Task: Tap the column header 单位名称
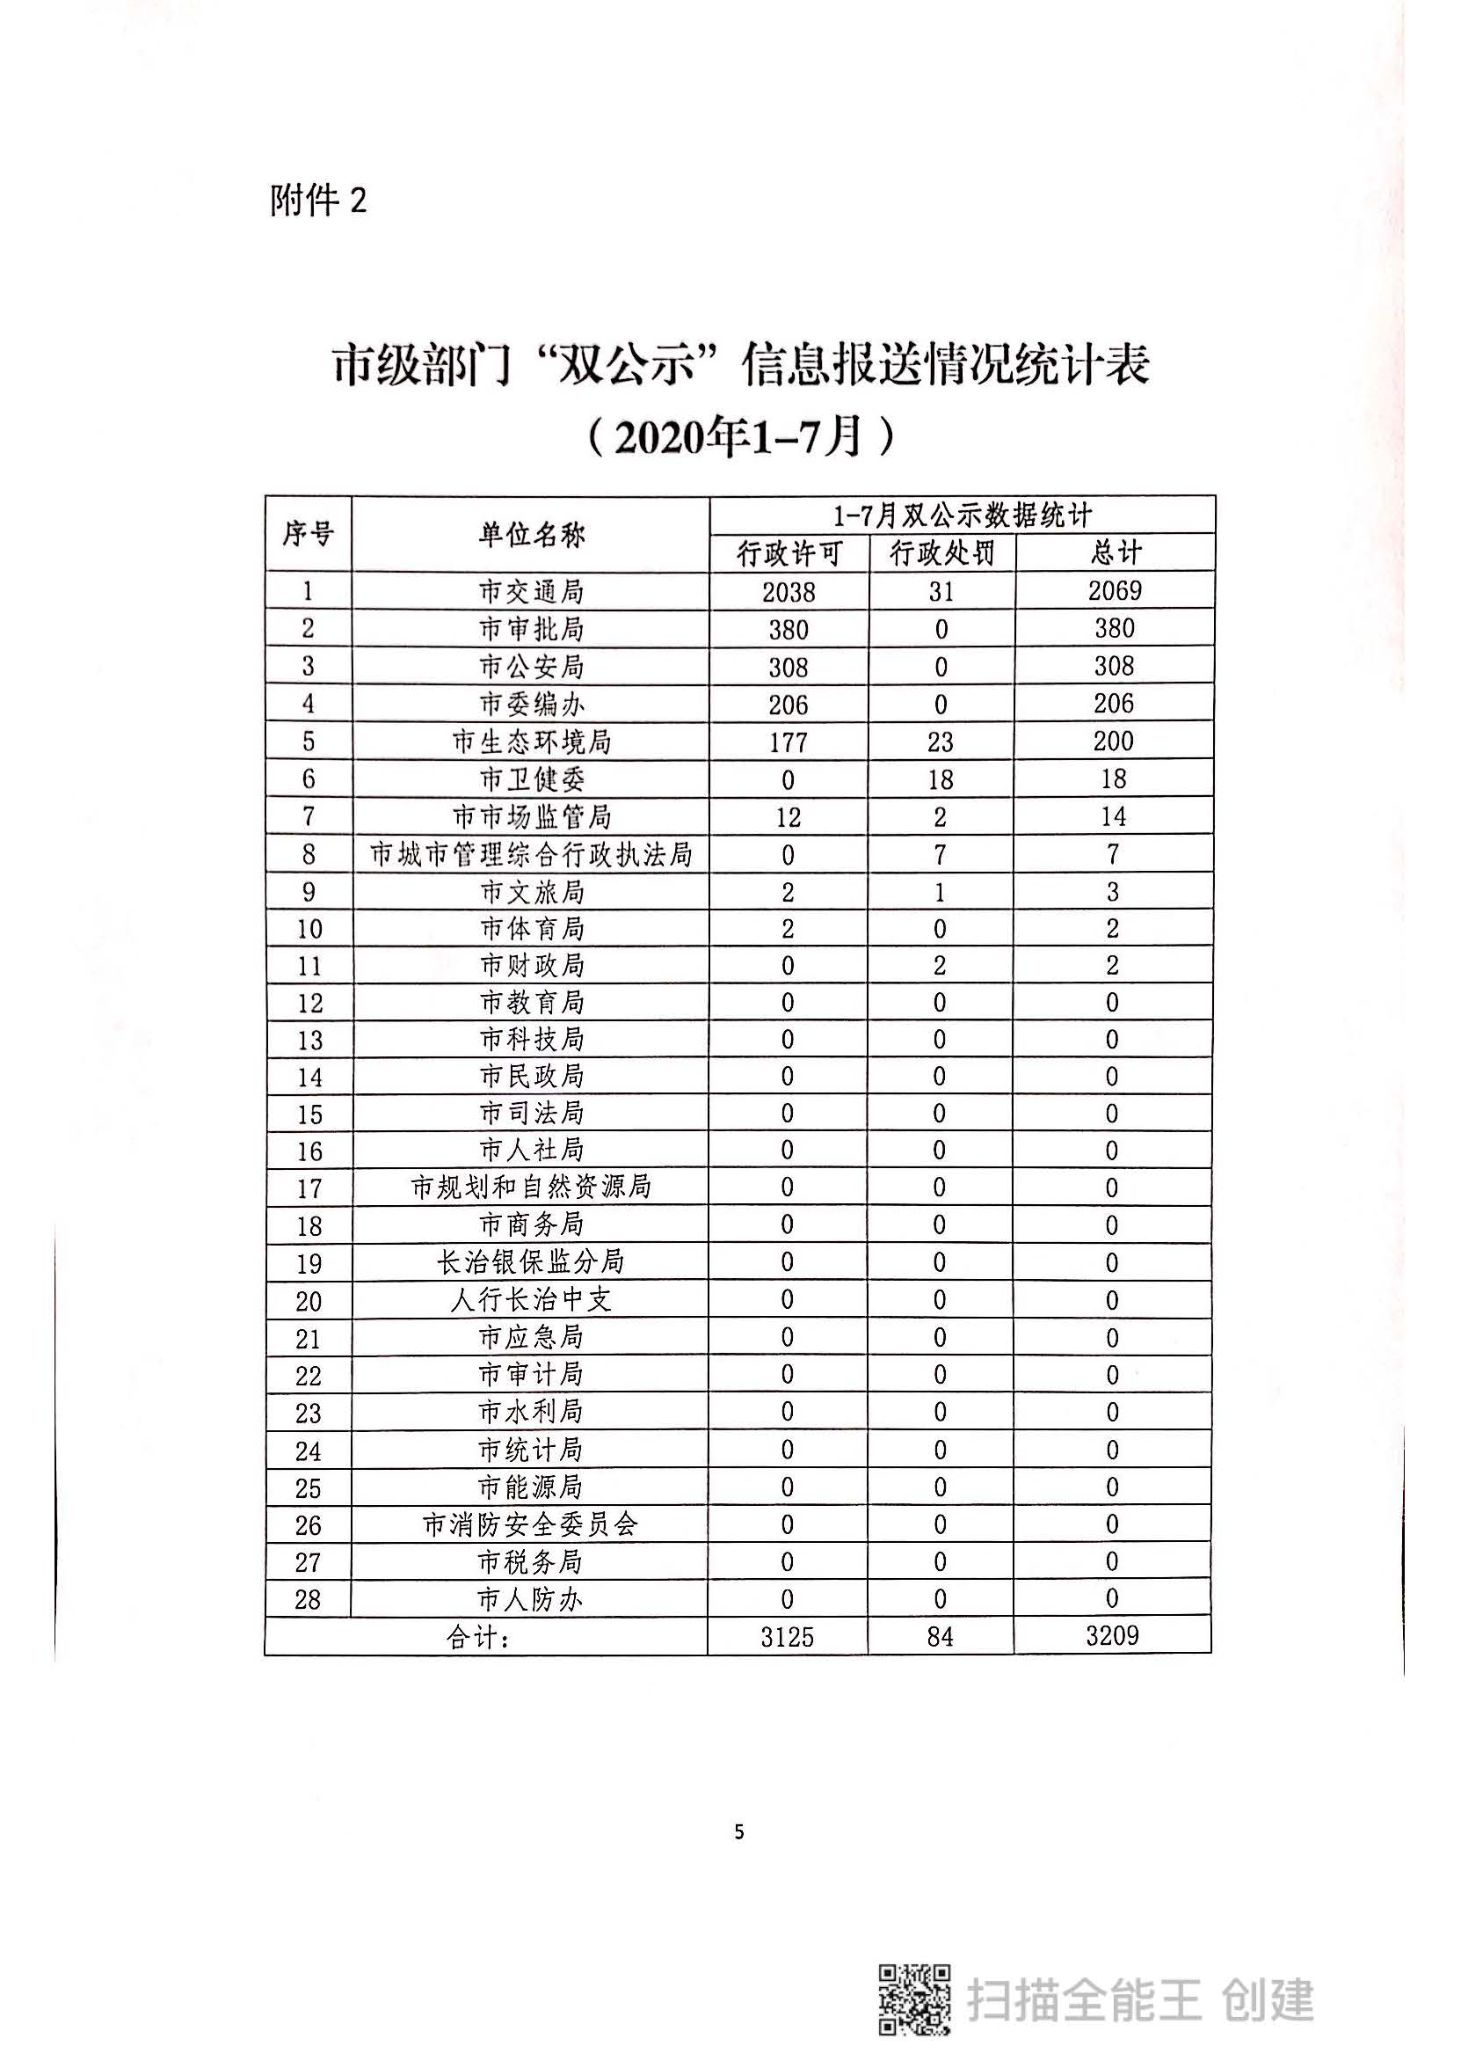click(x=531, y=535)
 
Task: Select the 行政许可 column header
click(x=789, y=554)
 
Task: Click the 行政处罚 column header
click(x=941, y=554)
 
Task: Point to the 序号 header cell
click(x=308, y=534)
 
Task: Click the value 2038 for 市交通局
click(x=789, y=592)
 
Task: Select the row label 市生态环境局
click(x=531, y=742)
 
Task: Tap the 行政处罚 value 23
click(x=941, y=742)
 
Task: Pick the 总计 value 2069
click(x=1115, y=591)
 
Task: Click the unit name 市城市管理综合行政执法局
click(x=531, y=855)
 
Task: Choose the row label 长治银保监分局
click(x=531, y=1263)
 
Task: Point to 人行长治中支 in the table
click(x=531, y=1300)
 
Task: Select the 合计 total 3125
click(x=788, y=1637)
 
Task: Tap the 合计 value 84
click(x=941, y=1637)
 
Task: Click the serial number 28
click(x=308, y=1600)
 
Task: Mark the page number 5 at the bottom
click(x=739, y=1832)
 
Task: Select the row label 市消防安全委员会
click(x=531, y=1525)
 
